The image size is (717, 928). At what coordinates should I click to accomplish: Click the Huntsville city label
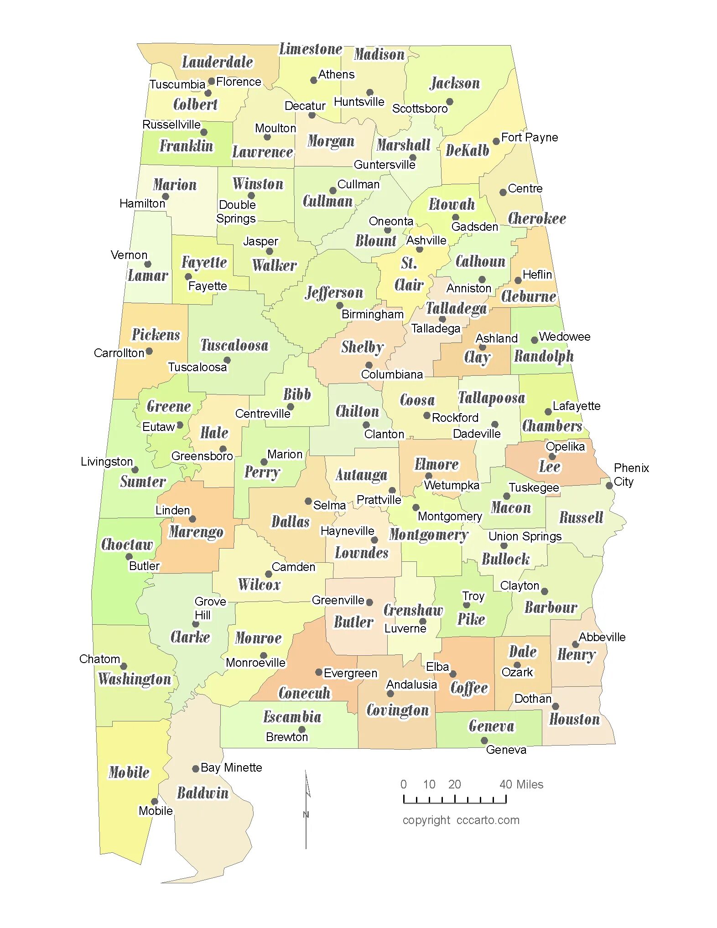[x=359, y=102]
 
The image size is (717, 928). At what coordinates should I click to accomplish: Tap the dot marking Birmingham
[x=339, y=306]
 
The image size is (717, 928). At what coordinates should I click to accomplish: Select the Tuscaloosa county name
[x=234, y=345]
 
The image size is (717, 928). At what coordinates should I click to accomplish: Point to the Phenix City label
[x=631, y=475]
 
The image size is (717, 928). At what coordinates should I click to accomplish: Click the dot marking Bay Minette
[x=195, y=768]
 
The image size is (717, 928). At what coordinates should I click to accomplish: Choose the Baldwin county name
[x=203, y=793]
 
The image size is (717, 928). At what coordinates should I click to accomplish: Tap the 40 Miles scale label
[x=521, y=784]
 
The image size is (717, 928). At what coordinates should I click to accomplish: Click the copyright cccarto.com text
[x=461, y=820]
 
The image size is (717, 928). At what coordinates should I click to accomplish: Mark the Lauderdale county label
[x=217, y=62]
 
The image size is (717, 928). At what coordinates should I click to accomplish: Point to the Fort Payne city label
[x=529, y=137]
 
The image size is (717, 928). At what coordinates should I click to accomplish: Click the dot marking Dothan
[x=556, y=706]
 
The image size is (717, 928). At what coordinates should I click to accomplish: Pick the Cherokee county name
[x=537, y=218]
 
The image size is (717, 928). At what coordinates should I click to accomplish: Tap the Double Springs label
[x=236, y=212]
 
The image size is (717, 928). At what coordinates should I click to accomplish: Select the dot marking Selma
[x=308, y=501]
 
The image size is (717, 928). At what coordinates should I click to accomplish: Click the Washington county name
[x=135, y=679]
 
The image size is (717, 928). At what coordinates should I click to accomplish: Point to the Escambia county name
[x=292, y=717]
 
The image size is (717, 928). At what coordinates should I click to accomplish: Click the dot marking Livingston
[x=135, y=470]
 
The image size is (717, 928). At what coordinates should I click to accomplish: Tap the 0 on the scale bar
[x=403, y=784]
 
